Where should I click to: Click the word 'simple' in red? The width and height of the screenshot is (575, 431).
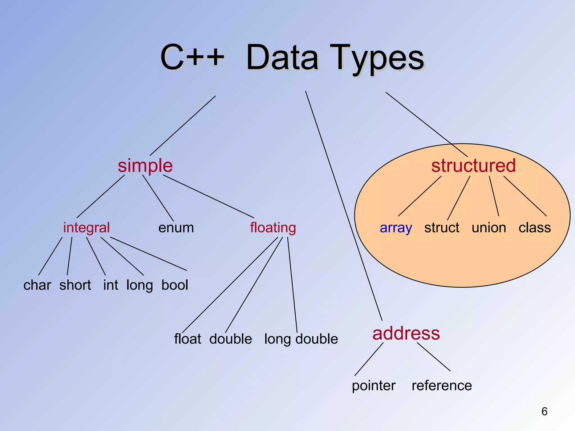pyautogui.click(x=145, y=166)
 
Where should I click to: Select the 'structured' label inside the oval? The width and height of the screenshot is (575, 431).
pyautogui.click(x=473, y=166)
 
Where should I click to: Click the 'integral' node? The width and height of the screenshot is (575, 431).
pyautogui.click(x=86, y=228)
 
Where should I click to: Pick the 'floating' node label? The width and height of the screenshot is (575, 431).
pyautogui.click(x=273, y=228)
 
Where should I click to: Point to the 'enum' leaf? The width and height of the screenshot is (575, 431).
pyautogui.click(x=176, y=228)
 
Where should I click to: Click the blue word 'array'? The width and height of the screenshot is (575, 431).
pyautogui.click(x=396, y=228)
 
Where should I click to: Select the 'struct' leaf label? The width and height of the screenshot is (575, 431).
pyautogui.click(x=442, y=228)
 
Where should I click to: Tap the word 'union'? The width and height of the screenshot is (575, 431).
pyautogui.click(x=489, y=228)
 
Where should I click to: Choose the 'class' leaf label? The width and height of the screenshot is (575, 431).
pyautogui.click(x=535, y=228)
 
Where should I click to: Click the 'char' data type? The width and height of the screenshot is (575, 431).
pyautogui.click(x=37, y=285)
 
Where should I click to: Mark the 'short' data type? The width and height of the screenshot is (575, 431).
pyautogui.click(x=75, y=285)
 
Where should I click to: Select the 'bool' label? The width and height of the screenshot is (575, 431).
pyautogui.click(x=175, y=285)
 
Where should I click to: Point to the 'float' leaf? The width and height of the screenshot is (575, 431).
pyautogui.click(x=188, y=339)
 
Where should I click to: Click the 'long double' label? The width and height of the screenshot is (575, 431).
pyautogui.click(x=301, y=339)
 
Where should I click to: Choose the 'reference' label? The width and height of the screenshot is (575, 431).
pyautogui.click(x=442, y=386)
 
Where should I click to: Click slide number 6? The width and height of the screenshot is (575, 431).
pyautogui.click(x=544, y=411)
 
